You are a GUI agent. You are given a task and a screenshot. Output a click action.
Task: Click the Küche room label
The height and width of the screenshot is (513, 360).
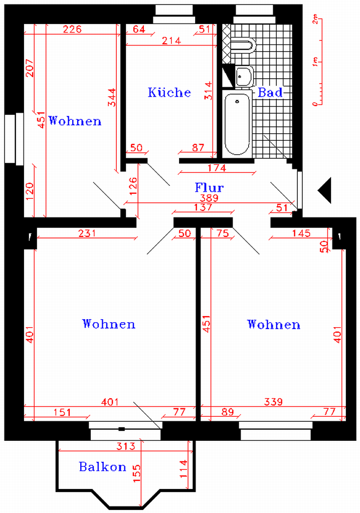pyautogui.click(x=169, y=92)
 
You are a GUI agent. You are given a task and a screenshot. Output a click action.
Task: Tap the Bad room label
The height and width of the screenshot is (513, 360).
pyautogui.click(x=270, y=93)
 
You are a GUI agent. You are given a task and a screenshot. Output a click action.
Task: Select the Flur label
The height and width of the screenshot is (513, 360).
pyautogui.click(x=209, y=187)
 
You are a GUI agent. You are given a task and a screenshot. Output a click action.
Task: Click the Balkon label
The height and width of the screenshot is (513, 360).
pyautogui.click(x=102, y=466)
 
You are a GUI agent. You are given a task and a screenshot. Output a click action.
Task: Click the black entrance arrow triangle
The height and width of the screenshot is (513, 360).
pyautogui.click(x=324, y=190)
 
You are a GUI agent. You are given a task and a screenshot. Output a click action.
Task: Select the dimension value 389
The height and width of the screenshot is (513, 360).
pyautogui.click(x=209, y=198)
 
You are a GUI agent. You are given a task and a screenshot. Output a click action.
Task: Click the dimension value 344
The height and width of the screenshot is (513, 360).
pyautogui.click(x=112, y=97)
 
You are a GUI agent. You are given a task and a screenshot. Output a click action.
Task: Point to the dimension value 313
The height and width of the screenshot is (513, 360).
pyautogui.click(x=126, y=446)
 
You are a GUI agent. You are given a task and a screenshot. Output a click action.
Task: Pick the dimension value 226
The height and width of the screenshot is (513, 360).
pyautogui.click(x=72, y=30)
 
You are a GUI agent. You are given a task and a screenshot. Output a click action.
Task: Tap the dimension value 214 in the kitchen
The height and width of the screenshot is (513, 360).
pyautogui.click(x=171, y=41)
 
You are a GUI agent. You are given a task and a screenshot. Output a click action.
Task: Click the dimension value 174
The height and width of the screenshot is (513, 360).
pyautogui.click(x=217, y=168)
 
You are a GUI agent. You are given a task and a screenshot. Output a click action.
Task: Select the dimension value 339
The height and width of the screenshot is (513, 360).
pyautogui.click(x=273, y=401)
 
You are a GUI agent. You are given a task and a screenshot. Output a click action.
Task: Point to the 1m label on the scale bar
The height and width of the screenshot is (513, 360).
pyautogui.click(x=315, y=62)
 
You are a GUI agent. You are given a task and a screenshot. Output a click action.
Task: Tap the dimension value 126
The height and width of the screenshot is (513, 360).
pyautogui.click(x=133, y=186)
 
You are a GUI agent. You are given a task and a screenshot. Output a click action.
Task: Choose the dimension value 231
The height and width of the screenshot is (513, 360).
pyautogui.click(x=87, y=233)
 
